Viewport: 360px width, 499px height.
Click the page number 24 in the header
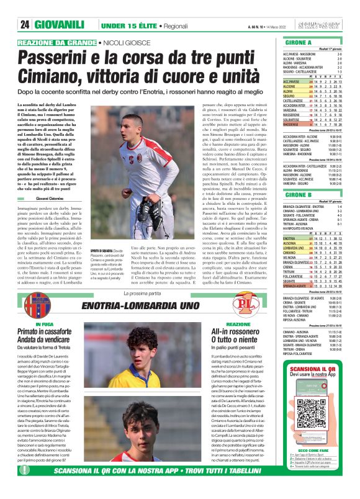coord(26,25)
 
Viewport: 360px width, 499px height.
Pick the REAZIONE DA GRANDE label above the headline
coord(57,42)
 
